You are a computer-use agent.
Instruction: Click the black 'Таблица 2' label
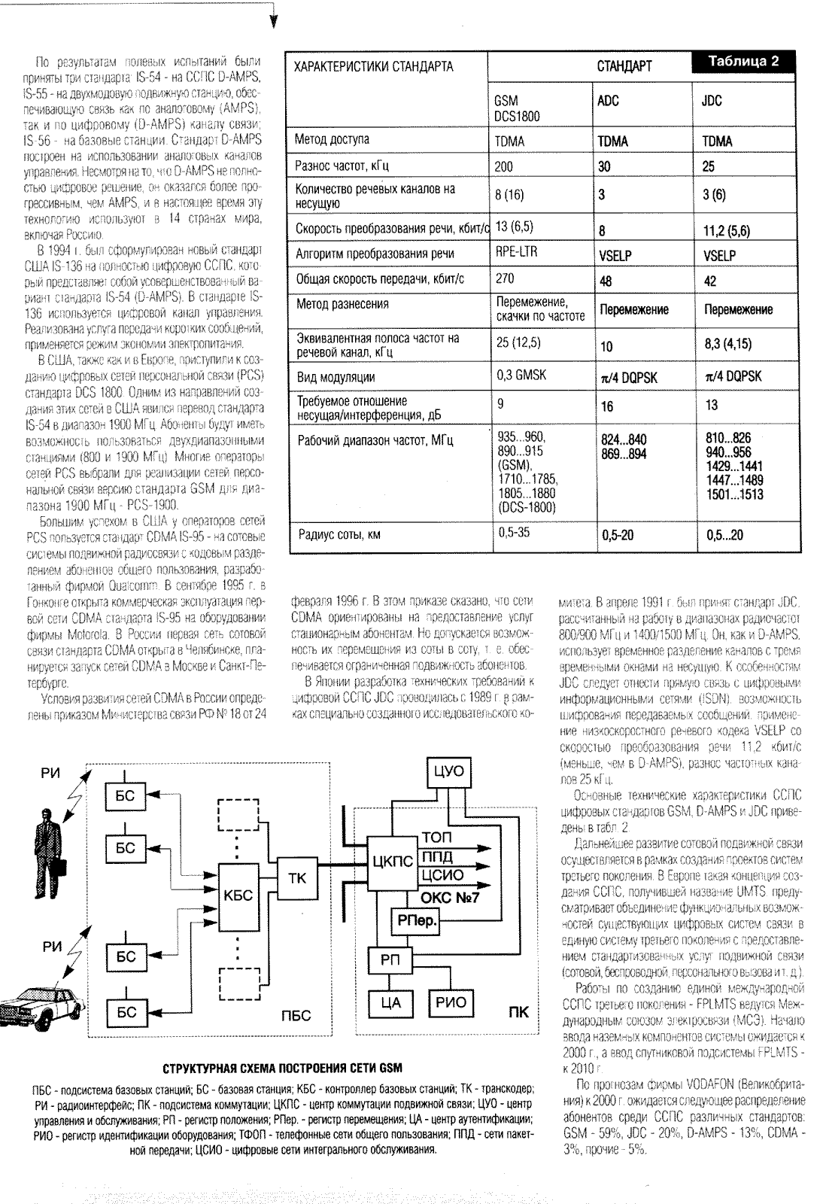point(743,62)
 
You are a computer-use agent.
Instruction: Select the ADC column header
point(608,101)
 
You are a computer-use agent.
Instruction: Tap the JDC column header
point(711,101)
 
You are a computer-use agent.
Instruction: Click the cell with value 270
point(505,278)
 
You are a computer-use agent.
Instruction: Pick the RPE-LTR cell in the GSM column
point(516,253)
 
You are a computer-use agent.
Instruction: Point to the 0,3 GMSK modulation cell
point(520,375)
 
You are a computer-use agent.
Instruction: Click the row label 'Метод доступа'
point(333,139)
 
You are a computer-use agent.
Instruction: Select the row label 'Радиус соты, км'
point(339,534)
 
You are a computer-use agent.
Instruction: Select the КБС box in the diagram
point(238,895)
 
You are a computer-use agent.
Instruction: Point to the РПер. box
point(416,920)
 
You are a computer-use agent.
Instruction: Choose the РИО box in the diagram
point(451,1002)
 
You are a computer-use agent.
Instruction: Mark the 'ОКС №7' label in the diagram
point(450,897)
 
